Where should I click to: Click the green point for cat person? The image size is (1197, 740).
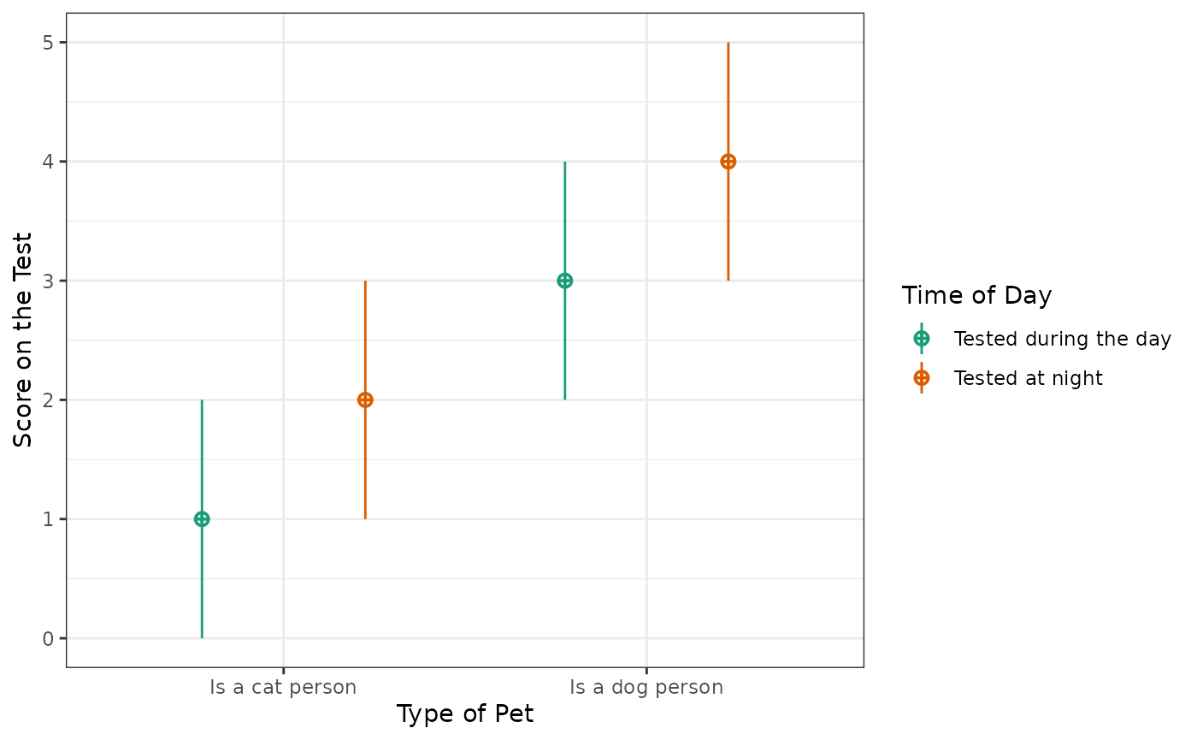tap(202, 518)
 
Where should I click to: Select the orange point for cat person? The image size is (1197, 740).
tap(365, 400)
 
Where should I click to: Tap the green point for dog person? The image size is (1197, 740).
tap(564, 281)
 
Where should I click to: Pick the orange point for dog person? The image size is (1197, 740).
tap(728, 162)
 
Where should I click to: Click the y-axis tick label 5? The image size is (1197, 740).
tap(49, 43)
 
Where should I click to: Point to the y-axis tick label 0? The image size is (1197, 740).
tap(49, 638)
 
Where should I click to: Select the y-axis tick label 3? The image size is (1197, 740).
tap(49, 281)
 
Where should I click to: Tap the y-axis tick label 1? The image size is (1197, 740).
tap(49, 519)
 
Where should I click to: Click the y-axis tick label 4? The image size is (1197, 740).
tap(49, 162)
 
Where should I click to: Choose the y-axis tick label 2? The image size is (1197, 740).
tap(49, 400)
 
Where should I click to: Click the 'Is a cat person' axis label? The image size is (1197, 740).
tap(283, 687)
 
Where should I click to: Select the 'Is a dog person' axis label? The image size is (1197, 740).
tap(646, 687)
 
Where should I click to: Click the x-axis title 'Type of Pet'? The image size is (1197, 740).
tap(465, 714)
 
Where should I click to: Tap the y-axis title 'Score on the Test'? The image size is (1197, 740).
tap(24, 340)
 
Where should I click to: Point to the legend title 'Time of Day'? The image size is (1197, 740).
tap(976, 296)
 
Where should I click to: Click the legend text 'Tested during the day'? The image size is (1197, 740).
tap(1062, 339)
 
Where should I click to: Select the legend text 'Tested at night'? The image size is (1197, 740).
tap(1028, 378)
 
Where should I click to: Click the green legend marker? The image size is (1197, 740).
tap(922, 339)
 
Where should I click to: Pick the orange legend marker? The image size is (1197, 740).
tap(922, 377)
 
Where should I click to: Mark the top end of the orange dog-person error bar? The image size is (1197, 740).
tap(728, 44)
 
